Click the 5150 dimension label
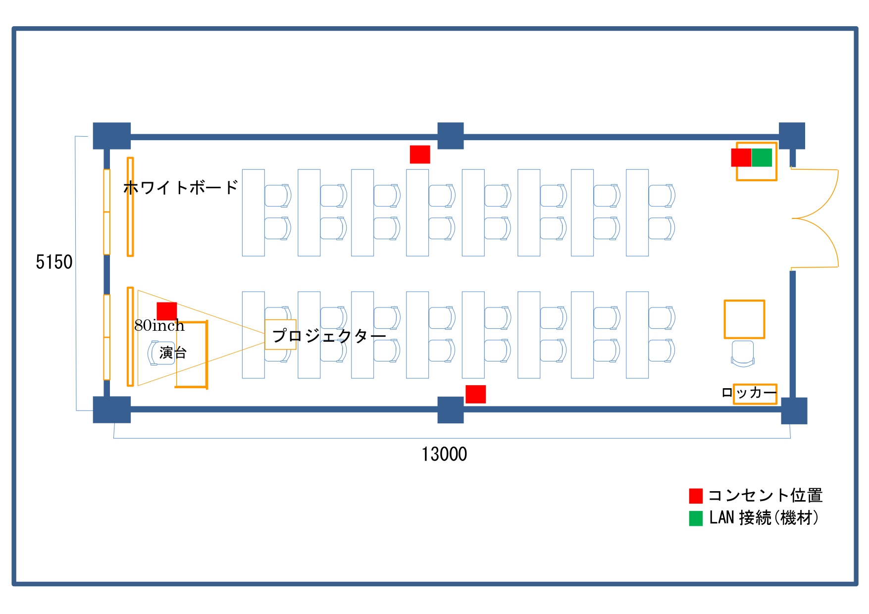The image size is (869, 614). point(54,262)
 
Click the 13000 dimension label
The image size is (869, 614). point(444,454)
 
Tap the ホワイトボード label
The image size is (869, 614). point(181,188)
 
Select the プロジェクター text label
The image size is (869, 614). point(329,336)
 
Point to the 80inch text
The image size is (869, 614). point(159,325)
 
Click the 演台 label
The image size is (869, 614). point(173,353)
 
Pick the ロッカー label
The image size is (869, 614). point(749,393)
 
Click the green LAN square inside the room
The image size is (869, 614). point(762,157)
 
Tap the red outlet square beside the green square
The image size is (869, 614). point(741,157)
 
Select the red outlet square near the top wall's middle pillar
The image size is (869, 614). point(420,154)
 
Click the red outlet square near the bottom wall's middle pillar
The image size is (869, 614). point(475,394)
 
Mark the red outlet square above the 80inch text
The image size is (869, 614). point(167,311)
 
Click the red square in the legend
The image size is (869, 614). point(696,496)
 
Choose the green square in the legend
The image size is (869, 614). point(696,518)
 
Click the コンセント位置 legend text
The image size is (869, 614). point(765,495)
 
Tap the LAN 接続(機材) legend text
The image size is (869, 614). point(764,518)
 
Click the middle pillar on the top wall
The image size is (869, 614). point(451,136)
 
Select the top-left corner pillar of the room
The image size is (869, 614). point(112,136)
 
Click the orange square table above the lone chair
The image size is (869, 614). point(744,319)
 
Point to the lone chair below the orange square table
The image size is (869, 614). point(743,354)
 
